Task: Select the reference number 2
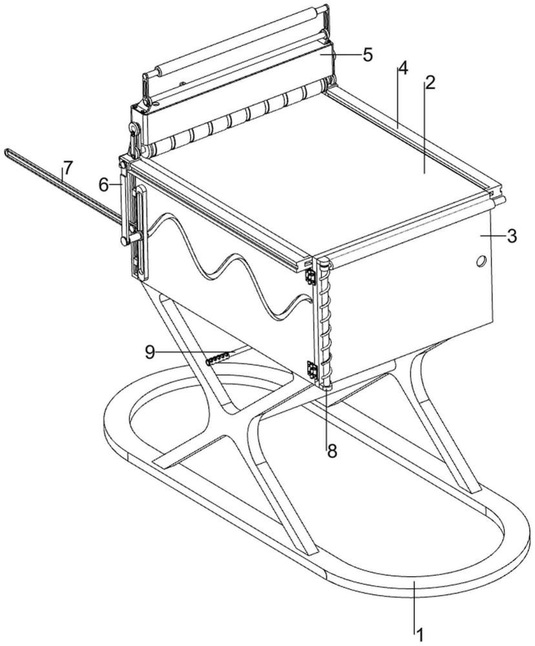point(430,83)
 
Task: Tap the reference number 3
point(512,236)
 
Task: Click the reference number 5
point(368,54)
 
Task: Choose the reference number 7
point(67,167)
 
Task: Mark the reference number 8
point(332,451)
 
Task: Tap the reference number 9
point(150,351)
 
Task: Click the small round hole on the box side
point(480,261)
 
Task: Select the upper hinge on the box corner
point(308,276)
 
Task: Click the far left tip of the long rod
point(6,151)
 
